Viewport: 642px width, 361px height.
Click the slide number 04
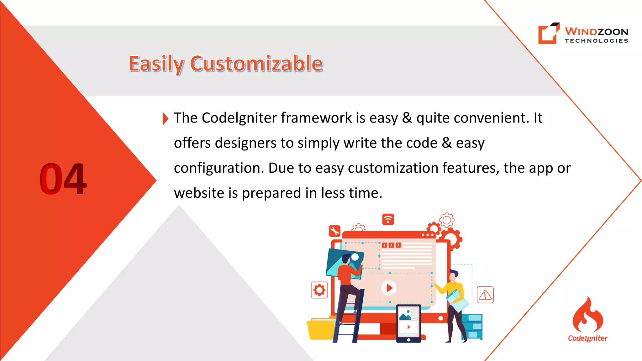(x=63, y=179)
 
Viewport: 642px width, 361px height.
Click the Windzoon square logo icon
(x=549, y=33)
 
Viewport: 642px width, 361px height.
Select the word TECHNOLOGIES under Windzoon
(x=596, y=41)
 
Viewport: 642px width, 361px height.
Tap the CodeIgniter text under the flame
(x=588, y=338)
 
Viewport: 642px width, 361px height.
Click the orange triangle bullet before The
(x=166, y=118)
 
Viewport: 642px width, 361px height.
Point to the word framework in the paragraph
(x=316, y=118)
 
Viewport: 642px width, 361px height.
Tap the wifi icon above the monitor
(x=388, y=219)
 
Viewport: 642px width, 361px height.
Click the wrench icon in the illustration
(x=334, y=231)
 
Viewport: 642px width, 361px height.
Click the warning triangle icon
(x=485, y=295)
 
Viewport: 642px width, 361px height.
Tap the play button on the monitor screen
(x=389, y=288)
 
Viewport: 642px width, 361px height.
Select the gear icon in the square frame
(x=319, y=290)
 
